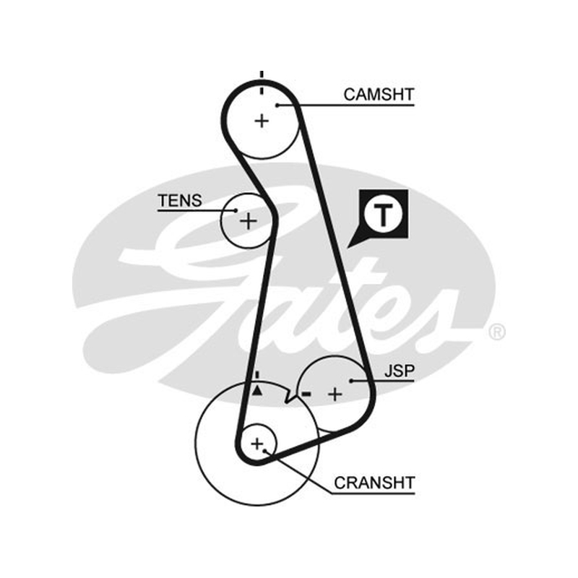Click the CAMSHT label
click(379, 95)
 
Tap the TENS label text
click(180, 201)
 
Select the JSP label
click(400, 371)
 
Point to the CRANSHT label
click(374, 483)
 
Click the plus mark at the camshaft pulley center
click(262, 121)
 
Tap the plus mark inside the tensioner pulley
click(249, 221)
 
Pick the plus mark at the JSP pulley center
click(335, 394)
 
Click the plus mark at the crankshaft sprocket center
click(257, 444)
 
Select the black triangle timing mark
click(257, 390)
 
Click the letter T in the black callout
click(384, 215)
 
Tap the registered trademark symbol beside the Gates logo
click(496, 332)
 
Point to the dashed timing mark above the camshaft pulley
click(262, 82)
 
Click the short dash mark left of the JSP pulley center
click(306, 394)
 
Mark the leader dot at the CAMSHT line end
click(277, 105)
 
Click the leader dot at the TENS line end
click(236, 210)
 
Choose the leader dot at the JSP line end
click(351, 381)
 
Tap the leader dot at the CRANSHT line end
click(264, 450)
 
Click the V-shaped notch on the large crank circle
click(290, 397)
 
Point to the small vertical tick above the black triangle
click(257, 375)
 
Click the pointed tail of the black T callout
click(348, 246)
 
